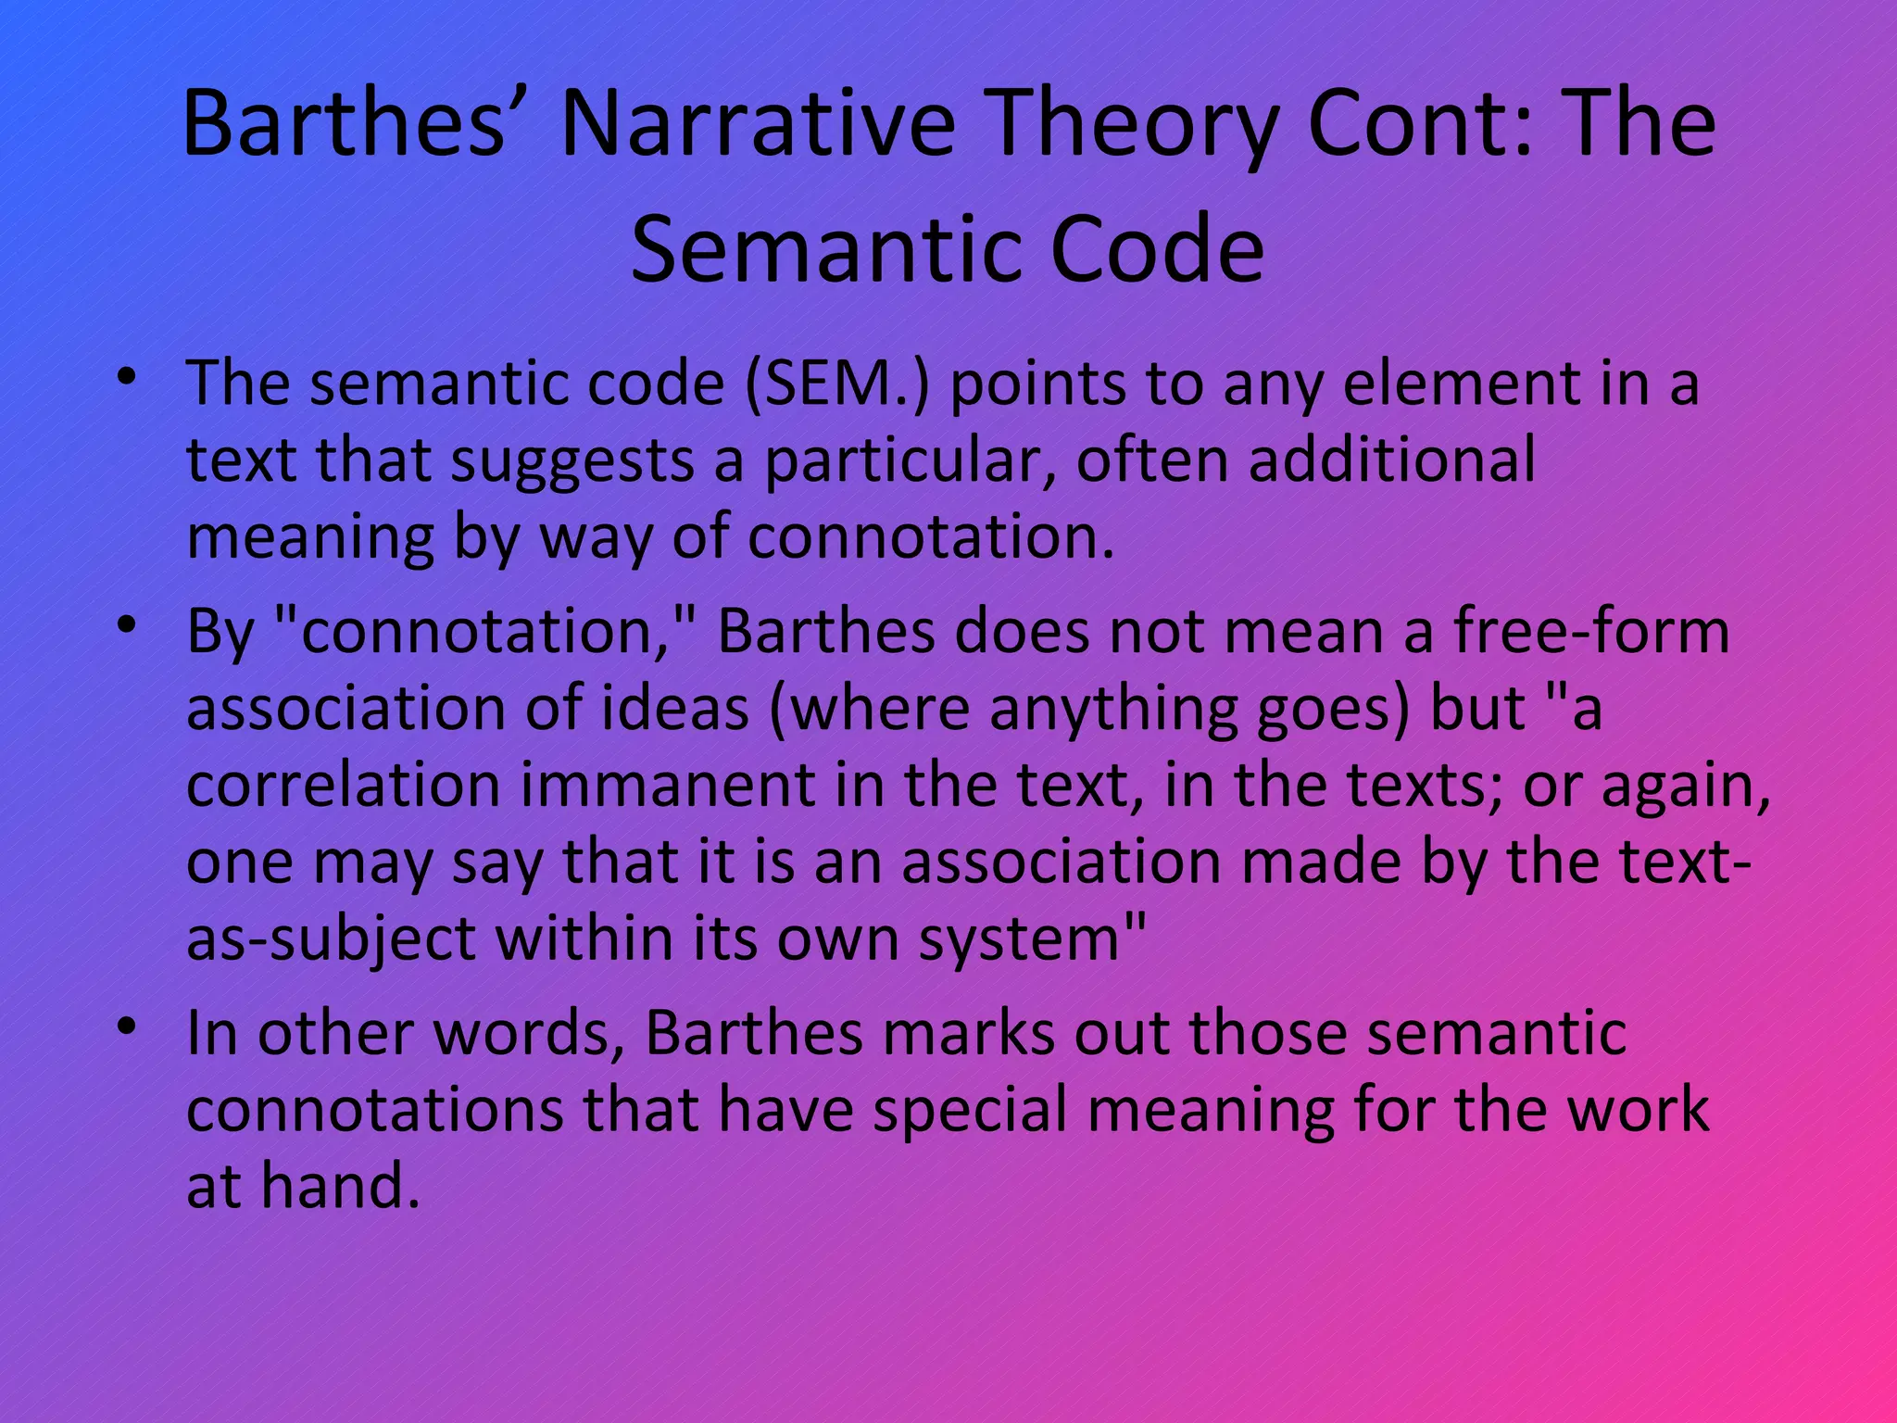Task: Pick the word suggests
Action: tap(572, 460)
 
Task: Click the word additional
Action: tap(1391, 460)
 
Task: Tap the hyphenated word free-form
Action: tap(1590, 632)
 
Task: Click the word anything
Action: tap(1112, 709)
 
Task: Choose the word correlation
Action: tap(343, 786)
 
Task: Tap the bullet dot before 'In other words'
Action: tap(128, 1028)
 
